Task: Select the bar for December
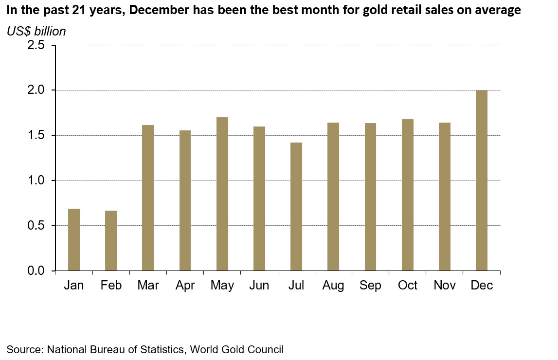coord(482,180)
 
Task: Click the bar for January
coord(74,239)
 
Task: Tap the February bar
coord(111,240)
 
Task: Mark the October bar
coord(408,196)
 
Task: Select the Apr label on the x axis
coord(185,286)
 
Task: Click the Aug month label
coord(333,286)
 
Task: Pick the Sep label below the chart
coord(371,286)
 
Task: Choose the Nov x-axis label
coord(445,286)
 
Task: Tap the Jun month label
coord(259,286)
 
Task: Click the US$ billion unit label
coord(36,32)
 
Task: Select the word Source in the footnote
coord(23,349)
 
